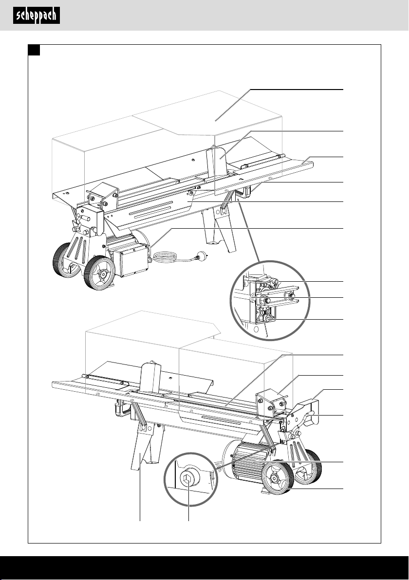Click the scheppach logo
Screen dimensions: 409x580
[x=36, y=16]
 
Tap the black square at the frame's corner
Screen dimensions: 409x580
[x=34, y=50]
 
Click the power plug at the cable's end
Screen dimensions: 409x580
[x=201, y=255]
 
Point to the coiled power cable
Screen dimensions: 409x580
[x=166, y=257]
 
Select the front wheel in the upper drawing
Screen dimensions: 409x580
[x=99, y=272]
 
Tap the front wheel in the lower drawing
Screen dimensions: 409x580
[x=278, y=477]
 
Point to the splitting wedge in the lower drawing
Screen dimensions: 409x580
[x=150, y=377]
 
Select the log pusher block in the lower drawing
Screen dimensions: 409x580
[x=271, y=403]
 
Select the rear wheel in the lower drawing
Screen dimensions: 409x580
[x=309, y=466]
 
